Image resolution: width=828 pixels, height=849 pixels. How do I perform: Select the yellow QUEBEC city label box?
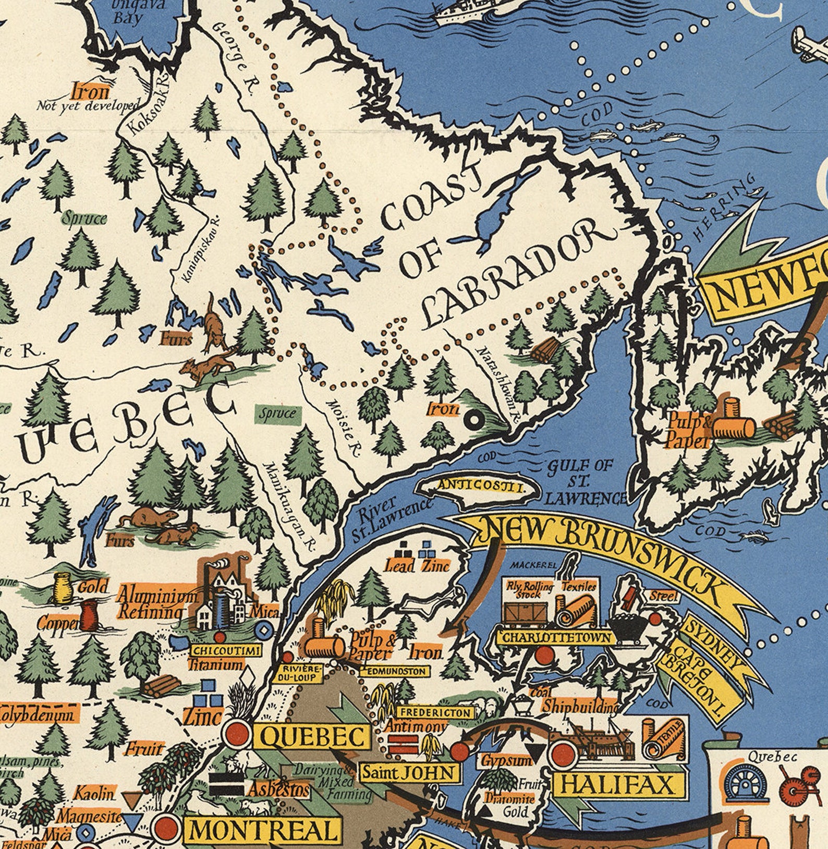point(312,737)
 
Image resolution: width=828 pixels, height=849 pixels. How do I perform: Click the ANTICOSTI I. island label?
point(480,486)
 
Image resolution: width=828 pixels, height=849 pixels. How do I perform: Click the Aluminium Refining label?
point(156,603)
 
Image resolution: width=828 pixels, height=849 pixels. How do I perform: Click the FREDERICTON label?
point(436,712)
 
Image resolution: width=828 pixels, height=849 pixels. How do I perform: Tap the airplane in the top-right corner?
point(808,44)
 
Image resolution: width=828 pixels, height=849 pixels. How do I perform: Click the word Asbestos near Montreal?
point(277,790)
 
